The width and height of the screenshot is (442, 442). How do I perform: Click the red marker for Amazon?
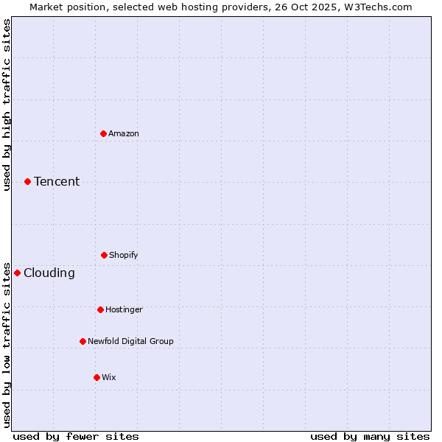pyautogui.click(x=104, y=133)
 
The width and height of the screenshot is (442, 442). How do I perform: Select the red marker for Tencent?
pyautogui.click(x=27, y=181)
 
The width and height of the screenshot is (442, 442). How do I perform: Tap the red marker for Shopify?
pyautogui.click(x=104, y=255)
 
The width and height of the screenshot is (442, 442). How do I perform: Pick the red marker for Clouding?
pyautogui.click(x=17, y=273)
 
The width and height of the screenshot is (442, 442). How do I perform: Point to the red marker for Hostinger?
pyautogui.click(x=100, y=309)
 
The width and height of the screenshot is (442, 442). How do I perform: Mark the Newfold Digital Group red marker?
pyautogui.click(x=83, y=341)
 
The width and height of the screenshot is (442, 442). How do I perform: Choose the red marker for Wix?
pyautogui.click(x=97, y=377)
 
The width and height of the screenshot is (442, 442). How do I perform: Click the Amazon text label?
pyautogui.click(x=124, y=133)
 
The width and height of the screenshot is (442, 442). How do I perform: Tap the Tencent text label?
pyautogui.click(x=57, y=181)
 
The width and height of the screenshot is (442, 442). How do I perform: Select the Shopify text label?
pyautogui.click(x=124, y=255)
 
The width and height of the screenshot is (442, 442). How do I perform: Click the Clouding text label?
pyautogui.click(x=49, y=273)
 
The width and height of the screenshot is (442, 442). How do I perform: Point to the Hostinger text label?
pyautogui.click(x=124, y=309)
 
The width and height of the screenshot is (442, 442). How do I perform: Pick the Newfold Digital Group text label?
pyautogui.click(x=130, y=341)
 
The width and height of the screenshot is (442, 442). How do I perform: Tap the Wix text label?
pyautogui.click(x=109, y=377)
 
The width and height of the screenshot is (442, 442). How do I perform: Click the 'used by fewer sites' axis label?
pyautogui.click(x=76, y=436)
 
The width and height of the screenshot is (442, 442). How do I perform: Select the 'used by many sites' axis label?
pyautogui.click(x=370, y=436)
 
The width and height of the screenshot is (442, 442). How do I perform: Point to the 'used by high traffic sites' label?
pyautogui.click(x=7, y=105)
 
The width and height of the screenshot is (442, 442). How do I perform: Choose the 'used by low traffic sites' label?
pyautogui.click(x=7, y=345)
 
